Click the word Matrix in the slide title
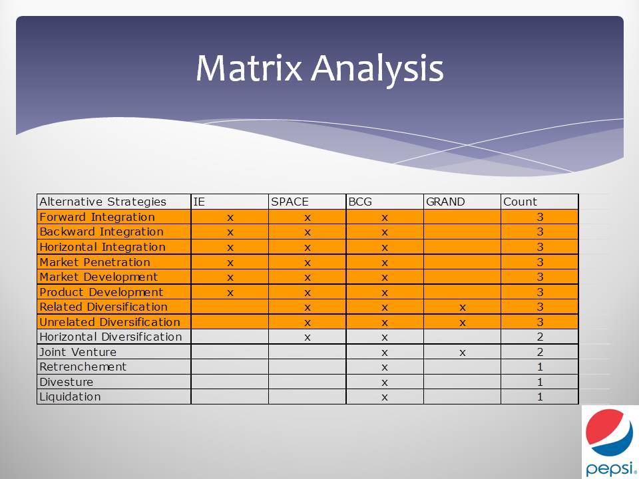(x=248, y=68)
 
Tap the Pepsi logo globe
(x=609, y=432)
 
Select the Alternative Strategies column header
(x=103, y=202)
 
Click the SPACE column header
(x=290, y=202)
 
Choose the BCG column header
(x=360, y=202)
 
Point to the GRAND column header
(x=445, y=202)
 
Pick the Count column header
(x=520, y=202)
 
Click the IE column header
(x=199, y=202)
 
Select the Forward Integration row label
(x=97, y=217)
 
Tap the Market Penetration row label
(x=95, y=262)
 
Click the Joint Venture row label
(x=78, y=351)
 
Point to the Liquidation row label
(x=70, y=397)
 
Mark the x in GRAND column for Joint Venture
(x=462, y=353)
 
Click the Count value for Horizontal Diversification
(x=540, y=337)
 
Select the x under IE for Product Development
(x=230, y=293)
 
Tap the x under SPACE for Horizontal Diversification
(x=308, y=338)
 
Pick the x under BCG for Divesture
(x=384, y=383)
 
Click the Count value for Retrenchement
(x=540, y=367)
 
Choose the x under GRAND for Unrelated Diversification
(x=462, y=323)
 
